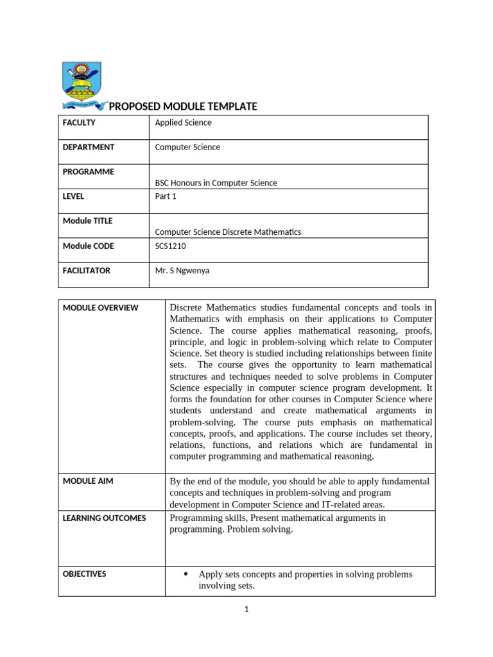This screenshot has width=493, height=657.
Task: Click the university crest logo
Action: pos(83,85)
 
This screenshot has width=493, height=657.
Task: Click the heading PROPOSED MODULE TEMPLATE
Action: pos(183,107)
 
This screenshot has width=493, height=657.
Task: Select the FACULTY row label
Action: pos(79,123)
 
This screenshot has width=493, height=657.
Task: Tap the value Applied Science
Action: pos(183,123)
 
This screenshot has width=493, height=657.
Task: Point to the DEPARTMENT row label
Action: pos(88,147)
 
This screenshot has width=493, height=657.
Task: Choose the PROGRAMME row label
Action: pos(88,172)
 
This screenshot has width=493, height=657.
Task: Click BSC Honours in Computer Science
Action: pos(216,183)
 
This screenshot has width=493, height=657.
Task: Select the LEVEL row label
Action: pos(73,196)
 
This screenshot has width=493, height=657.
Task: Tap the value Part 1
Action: pos(166,196)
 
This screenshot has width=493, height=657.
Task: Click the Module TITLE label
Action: pos(87,221)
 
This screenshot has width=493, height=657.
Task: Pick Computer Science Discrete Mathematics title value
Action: pos(228,232)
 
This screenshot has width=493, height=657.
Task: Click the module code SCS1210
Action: pos(170,246)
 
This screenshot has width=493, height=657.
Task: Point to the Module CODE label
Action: pos(87,246)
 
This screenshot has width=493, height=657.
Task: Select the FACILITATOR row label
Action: pos(86,271)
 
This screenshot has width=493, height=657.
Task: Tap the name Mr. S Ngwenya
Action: pos(182,271)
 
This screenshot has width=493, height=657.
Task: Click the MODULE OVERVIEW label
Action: pos(100,308)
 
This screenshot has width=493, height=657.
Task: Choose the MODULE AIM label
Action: pos(88,481)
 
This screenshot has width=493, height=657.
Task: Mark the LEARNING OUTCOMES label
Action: pos(104,518)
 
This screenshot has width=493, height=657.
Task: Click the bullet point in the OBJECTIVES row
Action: pos(186,574)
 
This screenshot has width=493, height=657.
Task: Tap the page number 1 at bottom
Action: pos(246,610)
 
